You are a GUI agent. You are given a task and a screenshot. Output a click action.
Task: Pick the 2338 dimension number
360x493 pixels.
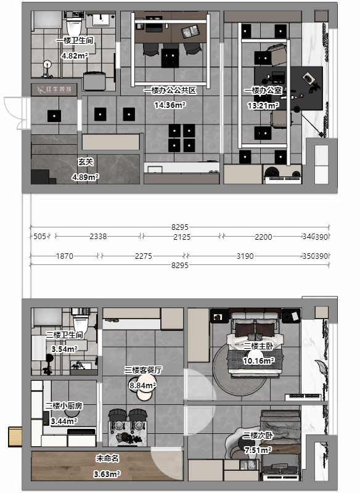[x=98, y=237]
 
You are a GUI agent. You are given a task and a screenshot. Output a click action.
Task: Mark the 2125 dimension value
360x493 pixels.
[x=182, y=237]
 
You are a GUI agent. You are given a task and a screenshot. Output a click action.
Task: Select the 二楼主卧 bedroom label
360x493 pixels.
[x=258, y=346]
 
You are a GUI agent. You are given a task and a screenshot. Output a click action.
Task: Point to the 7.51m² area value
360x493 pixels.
[x=258, y=450]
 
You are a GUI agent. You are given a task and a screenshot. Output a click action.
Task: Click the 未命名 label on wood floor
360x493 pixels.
[x=107, y=459]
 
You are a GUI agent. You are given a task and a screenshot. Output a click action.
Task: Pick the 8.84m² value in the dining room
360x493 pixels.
[x=142, y=385]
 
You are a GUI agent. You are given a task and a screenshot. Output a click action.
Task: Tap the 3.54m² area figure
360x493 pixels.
[x=64, y=349]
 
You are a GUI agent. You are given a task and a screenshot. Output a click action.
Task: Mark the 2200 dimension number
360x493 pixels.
[x=263, y=237]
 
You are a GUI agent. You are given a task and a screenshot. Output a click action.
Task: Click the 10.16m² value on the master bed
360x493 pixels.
[x=258, y=361]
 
